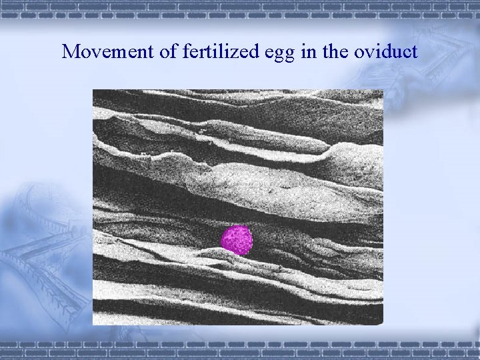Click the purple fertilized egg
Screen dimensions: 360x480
click(x=237, y=240)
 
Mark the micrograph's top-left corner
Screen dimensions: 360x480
click(x=93, y=90)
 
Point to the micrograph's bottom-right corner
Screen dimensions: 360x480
click(x=383, y=325)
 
